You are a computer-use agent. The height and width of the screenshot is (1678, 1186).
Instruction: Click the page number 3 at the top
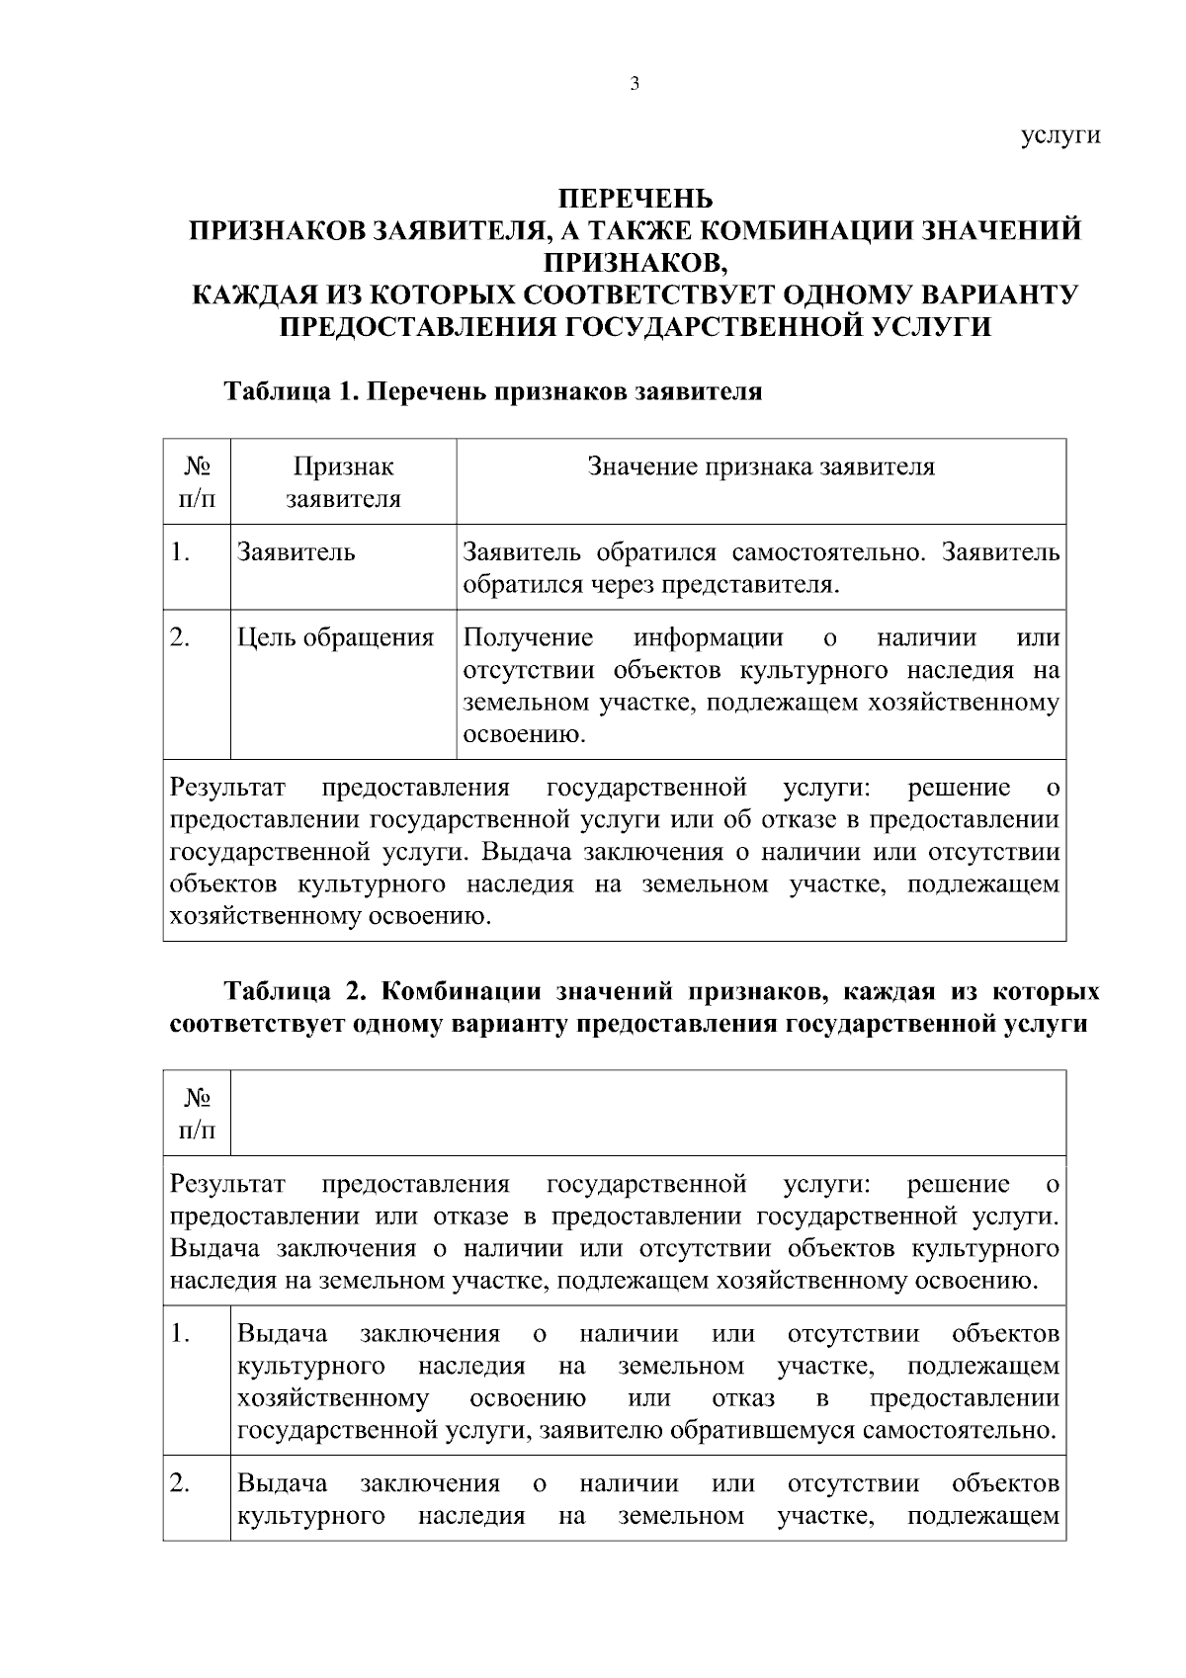pos(635,84)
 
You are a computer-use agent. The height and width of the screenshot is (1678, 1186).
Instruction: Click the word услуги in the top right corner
pos(1059,135)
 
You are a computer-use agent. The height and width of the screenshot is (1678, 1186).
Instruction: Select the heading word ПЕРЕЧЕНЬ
pos(635,198)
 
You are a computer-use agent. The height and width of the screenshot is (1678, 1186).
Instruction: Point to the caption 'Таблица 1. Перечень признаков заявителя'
pos(493,391)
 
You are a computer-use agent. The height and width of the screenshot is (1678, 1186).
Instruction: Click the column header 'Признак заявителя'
pos(343,481)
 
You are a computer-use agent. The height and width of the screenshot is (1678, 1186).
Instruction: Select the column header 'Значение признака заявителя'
pos(761,466)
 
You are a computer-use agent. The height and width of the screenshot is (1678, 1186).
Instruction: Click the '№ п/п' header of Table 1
pos(197,481)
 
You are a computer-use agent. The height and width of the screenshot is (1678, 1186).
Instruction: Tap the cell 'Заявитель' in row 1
pos(296,552)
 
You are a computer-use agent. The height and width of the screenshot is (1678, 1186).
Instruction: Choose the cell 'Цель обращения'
pos(336,638)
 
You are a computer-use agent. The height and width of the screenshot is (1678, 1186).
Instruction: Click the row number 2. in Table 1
pos(180,638)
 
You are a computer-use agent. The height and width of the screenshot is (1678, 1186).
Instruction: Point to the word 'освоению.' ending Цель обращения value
pos(524,735)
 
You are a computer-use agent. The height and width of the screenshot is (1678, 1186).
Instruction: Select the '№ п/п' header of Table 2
pos(197,1113)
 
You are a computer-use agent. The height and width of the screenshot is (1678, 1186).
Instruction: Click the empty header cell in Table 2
pos(647,1113)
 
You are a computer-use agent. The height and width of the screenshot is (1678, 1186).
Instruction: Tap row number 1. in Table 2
pos(180,1334)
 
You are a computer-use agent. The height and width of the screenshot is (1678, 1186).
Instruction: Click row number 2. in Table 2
pos(180,1484)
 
